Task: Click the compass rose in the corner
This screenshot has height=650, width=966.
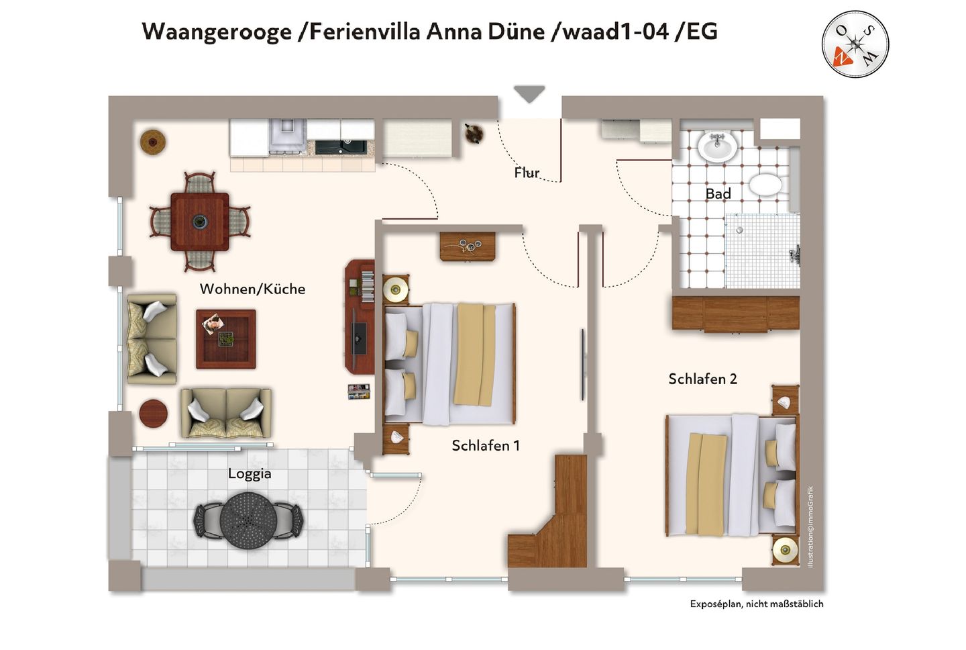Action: click(x=855, y=44)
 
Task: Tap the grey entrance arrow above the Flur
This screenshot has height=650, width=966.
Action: click(x=529, y=93)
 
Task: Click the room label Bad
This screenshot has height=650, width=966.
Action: click(x=718, y=194)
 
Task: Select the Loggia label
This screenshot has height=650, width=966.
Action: click(x=250, y=474)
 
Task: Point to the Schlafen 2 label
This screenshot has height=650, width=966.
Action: click(x=702, y=379)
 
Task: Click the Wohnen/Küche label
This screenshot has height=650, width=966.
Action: click(x=252, y=289)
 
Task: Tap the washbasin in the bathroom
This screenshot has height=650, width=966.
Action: click(x=717, y=146)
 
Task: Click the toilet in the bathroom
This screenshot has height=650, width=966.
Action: click(x=765, y=185)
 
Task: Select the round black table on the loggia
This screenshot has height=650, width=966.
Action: click(x=248, y=520)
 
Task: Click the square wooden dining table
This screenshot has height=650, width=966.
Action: click(x=200, y=222)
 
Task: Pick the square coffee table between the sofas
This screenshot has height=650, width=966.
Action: click(x=226, y=339)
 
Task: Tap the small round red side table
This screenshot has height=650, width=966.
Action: click(x=153, y=413)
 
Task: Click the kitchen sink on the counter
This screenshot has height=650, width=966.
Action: click(x=341, y=147)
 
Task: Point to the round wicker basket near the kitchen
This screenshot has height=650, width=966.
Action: click(x=153, y=142)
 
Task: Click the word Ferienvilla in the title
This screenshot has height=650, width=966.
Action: click(x=365, y=32)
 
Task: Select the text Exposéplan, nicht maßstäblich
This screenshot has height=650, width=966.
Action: click(x=757, y=604)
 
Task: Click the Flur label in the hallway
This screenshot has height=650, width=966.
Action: click(x=527, y=173)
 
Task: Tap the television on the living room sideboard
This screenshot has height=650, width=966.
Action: click(x=359, y=338)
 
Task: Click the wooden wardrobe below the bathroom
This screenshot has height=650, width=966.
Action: click(x=736, y=314)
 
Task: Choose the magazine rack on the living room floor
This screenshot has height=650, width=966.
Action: click(x=359, y=391)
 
